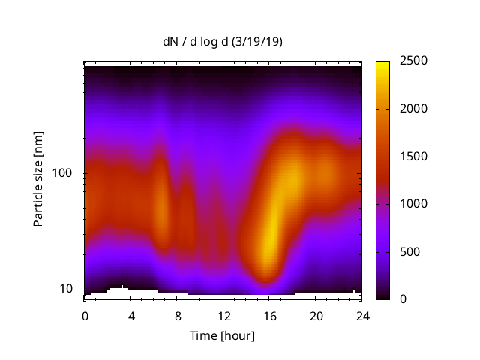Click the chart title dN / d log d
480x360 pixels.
click(198, 42)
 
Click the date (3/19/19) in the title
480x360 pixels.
click(258, 42)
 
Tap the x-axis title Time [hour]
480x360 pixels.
click(222, 335)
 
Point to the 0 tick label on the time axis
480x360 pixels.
click(85, 316)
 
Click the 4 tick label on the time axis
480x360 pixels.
click(131, 316)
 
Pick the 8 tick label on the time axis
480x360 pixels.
click(178, 316)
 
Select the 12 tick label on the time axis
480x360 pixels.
click(223, 316)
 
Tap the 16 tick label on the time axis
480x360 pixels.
click(270, 316)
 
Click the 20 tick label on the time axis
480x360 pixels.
click(316, 316)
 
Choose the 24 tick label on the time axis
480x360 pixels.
click(362, 316)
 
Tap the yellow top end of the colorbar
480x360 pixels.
click(382, 64)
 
